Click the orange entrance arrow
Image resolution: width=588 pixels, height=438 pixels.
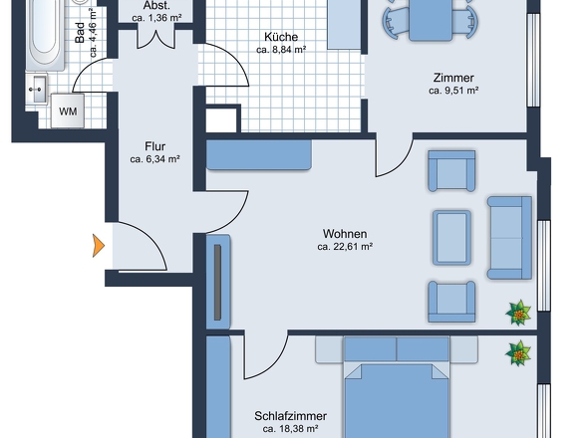pyautogui.click(x=99, y=246)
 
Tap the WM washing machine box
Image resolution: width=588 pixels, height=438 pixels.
pyautogui.click(x=68, y=111)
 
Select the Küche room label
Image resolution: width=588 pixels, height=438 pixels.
pyautogui.click(x=281, y=37)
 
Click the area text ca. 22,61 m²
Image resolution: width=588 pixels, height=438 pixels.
pyautogui.click(x=345, y=247)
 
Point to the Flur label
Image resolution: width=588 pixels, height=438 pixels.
pyautogui.click(x=154, y=146)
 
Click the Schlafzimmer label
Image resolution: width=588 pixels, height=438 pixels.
pyautogui.click(x=290, y=416)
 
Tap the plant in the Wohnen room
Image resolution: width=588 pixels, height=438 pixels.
pyautogui.click(x=518, y=313)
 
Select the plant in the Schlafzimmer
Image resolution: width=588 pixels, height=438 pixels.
pyautogui.click(x=518, y=353)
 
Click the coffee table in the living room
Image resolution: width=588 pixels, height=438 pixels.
pyautogui.click(x=451, y=238)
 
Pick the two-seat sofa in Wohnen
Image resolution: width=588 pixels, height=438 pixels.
pyautogui.click(x=509, y=238)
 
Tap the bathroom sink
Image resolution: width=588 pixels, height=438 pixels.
pyautogui.click(x=37, y=89)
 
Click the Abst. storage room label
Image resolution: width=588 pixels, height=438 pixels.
pyautogui.click(x=156, y=6)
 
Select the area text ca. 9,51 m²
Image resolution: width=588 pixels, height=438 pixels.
pyautogui.click(x=453, y=91)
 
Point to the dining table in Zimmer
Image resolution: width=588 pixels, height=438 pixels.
pyautogui.click(x=431, y=20)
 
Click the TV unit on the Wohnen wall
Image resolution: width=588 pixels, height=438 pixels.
pyautogui.click(x=218, y=282)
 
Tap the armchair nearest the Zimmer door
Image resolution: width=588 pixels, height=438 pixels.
pyautogui.click(x=451, y=171)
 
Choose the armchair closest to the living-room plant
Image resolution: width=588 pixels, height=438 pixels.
pyautogui.click(x=451, y=302)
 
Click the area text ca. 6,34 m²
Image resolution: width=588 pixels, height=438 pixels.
pyautogui.click(x=154, y=159)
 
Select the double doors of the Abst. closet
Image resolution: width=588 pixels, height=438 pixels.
pyautogui.click(x=156, y=40)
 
